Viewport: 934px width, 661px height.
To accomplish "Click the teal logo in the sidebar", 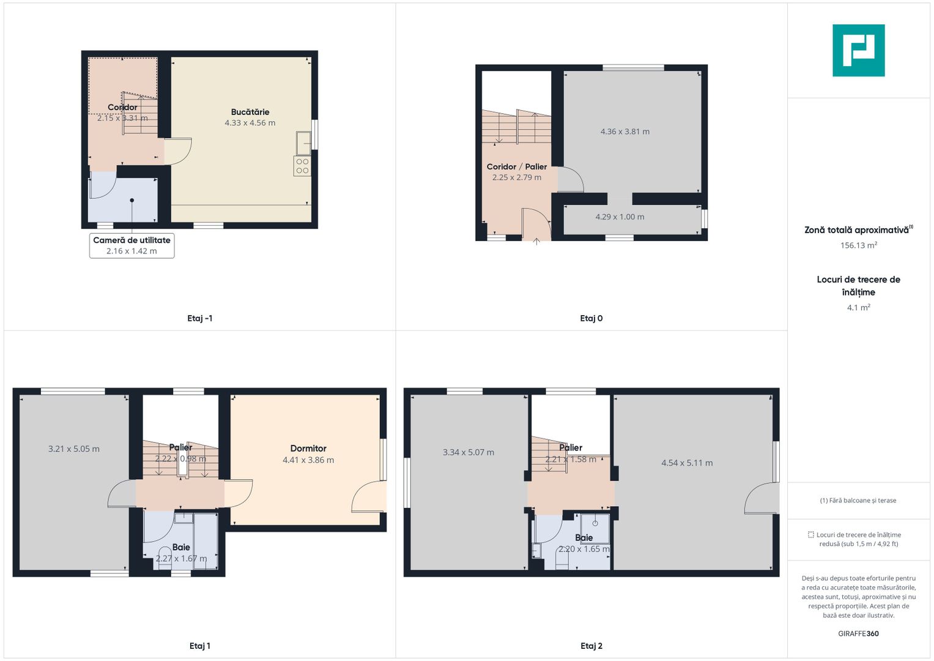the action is (x=858, y=50).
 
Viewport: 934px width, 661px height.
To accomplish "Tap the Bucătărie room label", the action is (x=250, y=112).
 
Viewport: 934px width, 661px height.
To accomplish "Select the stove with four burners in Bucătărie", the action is (x=302, y=166).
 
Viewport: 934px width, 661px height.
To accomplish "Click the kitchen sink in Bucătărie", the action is (x=303, y=143).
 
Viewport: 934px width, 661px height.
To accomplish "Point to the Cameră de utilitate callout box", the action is (x=132, y=246).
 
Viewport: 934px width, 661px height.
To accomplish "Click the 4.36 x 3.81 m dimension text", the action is (x=625, y=132).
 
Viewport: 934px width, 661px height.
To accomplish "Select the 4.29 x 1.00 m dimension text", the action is (x=620, y=217).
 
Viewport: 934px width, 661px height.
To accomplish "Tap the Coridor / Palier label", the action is (x=517, y=166).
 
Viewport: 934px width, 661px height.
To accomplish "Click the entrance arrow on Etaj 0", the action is (x=536, y=241).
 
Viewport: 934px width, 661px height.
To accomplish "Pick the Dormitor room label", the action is (x=308, y=448).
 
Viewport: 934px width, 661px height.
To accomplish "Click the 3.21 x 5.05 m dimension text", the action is (x=74, y=449).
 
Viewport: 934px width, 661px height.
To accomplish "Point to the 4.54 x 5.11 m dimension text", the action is (x=687, y=463).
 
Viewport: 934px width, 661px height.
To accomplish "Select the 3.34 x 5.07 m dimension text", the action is (x=469, y=452).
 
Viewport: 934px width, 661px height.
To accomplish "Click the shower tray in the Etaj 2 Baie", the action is (x=595, y=528).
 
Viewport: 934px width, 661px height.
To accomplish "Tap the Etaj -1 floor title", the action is (x=200, y=318).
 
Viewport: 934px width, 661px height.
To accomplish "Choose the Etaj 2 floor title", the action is (x=591, y=646).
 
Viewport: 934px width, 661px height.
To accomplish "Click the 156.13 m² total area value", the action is (x=859, y=245).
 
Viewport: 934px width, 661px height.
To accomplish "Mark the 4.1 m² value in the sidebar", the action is (x=859, y=307).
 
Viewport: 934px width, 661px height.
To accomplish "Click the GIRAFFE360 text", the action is (x=858, y=633).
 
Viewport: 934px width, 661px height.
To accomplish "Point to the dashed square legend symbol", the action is (x=810, y=534).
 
